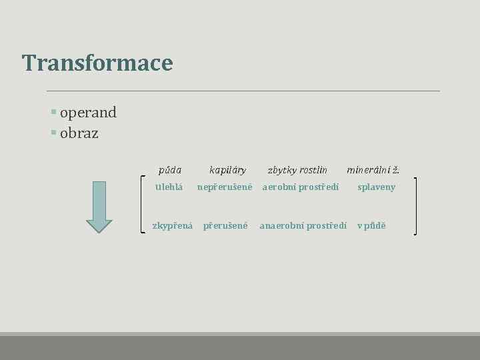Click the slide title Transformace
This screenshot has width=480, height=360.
[x=97, y=63]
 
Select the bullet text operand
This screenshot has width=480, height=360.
[x=88, y=113]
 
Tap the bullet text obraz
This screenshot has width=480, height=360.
[x=79, y=133]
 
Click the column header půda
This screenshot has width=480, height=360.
[x=169, y=171]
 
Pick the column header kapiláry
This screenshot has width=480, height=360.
[x=227, y=171]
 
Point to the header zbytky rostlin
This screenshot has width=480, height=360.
[x=297, y=171]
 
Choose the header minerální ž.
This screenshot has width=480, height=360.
[x=373, y=171]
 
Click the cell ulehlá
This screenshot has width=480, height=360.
[x=169, y=187]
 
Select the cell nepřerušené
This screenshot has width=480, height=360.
[x=225, y=187]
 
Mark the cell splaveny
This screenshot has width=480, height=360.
[x=376, y=187]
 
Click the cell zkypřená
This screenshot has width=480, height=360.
[x=173, y=226]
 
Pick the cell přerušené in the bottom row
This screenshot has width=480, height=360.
[x=225, y=226]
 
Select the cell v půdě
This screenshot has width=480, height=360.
[x=371, y=226]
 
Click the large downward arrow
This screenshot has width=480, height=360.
[x=100, y=207]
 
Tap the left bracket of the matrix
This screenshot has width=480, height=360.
[x=145, y=203]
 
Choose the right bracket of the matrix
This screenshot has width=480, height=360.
[x=415, y=205]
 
